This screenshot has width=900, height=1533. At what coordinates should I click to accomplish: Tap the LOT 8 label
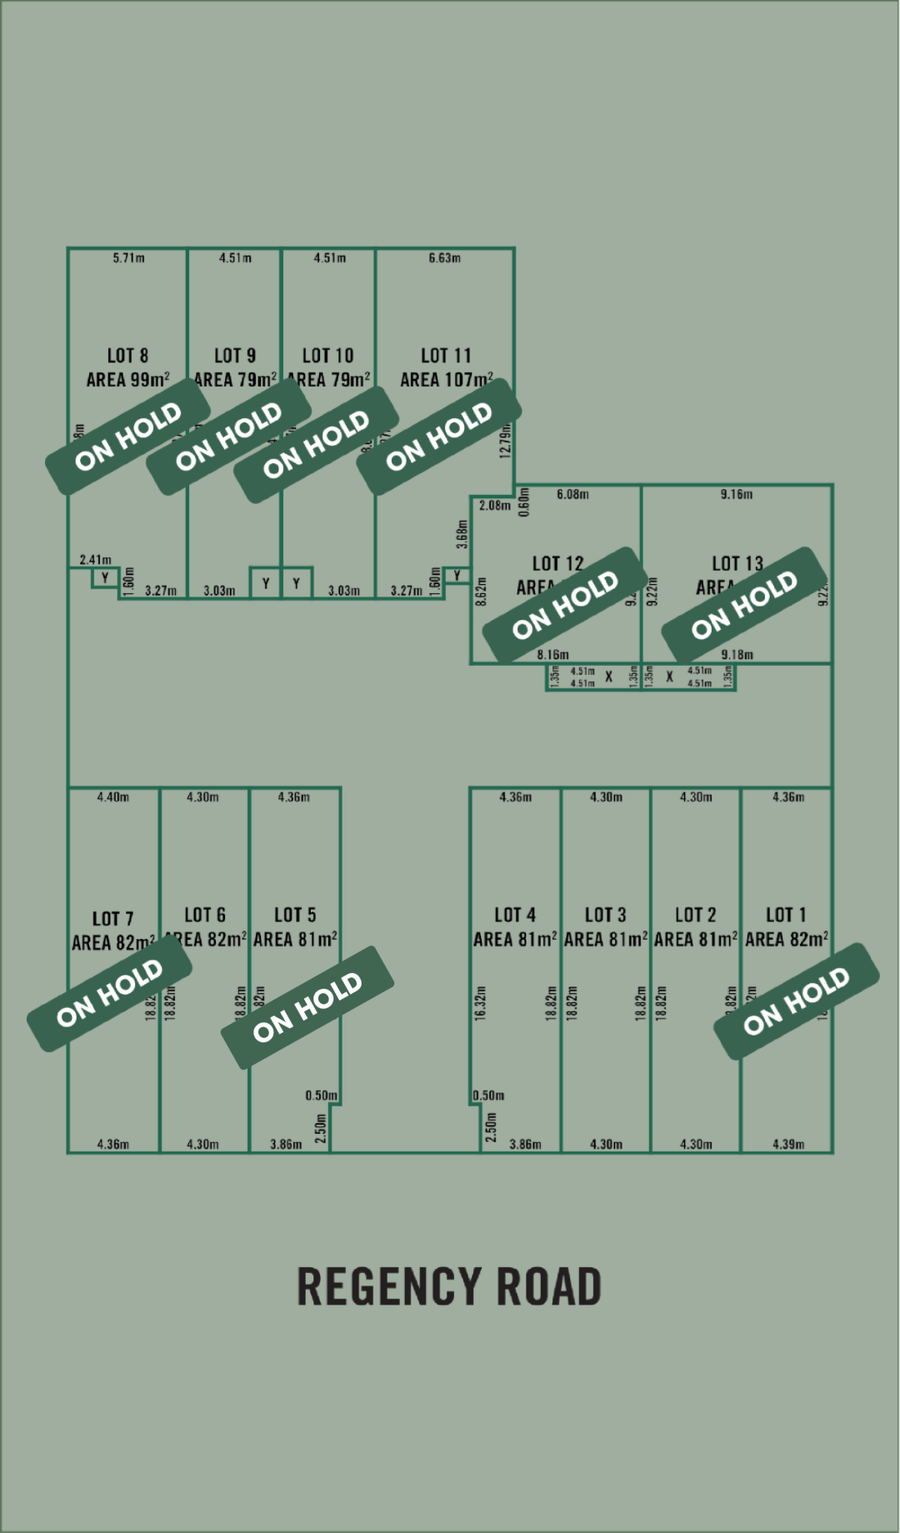coord(127,356)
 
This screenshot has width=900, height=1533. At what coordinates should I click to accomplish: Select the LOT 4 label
coord(515,916)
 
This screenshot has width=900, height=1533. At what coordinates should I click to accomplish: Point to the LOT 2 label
coord(695,916)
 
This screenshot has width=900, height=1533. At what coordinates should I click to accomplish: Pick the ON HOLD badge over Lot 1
coord(796,1001)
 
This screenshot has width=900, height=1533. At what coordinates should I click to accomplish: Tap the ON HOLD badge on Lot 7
coord(109,993)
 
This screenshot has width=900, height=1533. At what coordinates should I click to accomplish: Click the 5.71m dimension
coord(128,258)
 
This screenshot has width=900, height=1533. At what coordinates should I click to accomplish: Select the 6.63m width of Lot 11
coord(444,258)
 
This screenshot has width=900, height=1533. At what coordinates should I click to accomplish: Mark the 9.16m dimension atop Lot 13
coord(737,494)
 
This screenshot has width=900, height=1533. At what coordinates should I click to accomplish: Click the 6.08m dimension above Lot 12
coord(572,494)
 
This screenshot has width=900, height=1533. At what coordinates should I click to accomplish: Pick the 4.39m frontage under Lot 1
coord(788,1144)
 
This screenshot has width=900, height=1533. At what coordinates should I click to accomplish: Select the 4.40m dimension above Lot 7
coord(112,797)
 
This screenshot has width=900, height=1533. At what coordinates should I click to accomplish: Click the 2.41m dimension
coord(95,560)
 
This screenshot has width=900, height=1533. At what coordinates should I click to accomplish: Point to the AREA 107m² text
coord(446,380)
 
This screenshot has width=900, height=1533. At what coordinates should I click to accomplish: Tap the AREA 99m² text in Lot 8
coord(127,380)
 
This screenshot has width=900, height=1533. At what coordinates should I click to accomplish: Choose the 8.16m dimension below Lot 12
coord(552,655)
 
